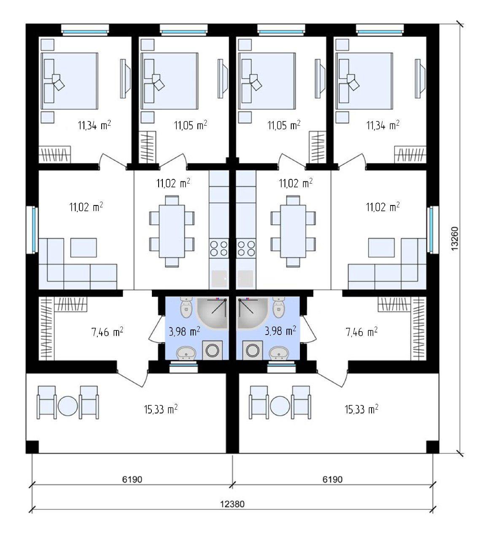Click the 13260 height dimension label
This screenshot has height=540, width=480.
click(x=455, y=238)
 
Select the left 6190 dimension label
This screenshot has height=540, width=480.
click(x=132, y=479)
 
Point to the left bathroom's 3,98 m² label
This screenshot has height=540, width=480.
click(x=184, y=332)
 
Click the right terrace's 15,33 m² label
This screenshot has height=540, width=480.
click(x=361, y=409)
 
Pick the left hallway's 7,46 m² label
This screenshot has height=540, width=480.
click(x=107, y=332)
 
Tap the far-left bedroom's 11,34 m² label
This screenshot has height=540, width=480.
click(x=94, y=125)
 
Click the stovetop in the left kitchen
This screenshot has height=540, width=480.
click(x=219, y=248)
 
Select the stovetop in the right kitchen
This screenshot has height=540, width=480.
click(x=246, y=248)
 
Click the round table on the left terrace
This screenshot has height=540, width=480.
click(x=67, y=406)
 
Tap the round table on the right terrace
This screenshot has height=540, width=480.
click(x=280, y=406)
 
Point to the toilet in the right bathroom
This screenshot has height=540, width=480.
click(x=279, y=307)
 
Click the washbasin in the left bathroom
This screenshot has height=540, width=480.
click(x=186, y=353)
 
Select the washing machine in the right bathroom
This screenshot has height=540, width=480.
click(x=252, y=350)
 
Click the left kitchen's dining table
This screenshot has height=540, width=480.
click(x=172, y=231)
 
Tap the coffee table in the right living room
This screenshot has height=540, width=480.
click(x=381, y=248)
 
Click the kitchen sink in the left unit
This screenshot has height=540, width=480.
click(x=219, y=279)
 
